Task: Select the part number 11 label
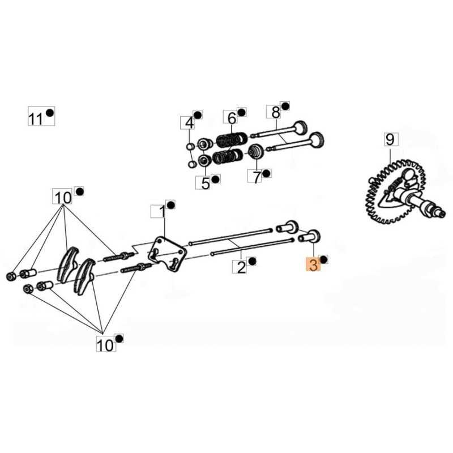[x=36, y=119]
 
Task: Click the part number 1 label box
[x=161, y=212]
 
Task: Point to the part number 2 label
[x=242, y=267]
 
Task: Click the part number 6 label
[x=231, y=118]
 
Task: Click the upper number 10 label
[x=63, y=197]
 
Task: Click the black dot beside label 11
[x=50, y=113]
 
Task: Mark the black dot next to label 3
[x=324, y=259]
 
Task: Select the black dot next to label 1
[x=171, y=204]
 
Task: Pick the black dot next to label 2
[x=253, y=261]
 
